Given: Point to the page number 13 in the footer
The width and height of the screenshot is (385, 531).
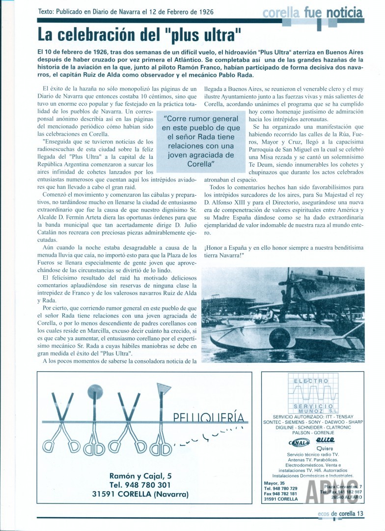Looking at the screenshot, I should pyautogui.click(x=360, y=513).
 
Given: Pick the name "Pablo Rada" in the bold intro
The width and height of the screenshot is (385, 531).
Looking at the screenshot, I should pyautogui.click(x=234, y=75).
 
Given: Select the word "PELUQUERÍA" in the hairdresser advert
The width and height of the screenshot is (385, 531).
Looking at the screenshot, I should pyautogui.click(x=209, y=418).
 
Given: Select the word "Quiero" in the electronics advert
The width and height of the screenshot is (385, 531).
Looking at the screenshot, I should pyautogui.click(x=325, y=448).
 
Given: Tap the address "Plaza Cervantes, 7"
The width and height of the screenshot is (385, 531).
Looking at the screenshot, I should pyautogui.click(x=341, y=486).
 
